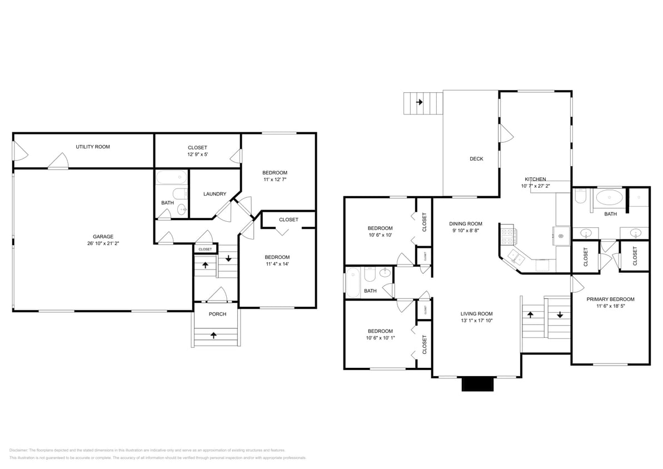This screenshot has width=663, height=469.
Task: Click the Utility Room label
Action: point(93,147)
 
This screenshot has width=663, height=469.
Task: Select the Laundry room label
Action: point(215,194)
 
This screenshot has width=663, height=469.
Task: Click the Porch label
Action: point(217,314)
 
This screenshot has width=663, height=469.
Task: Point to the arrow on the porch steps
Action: point(214,335)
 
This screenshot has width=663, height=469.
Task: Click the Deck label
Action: point(476,159)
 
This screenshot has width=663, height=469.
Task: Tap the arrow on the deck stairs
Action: point(419,102)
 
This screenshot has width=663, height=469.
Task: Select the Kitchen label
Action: point(535,179)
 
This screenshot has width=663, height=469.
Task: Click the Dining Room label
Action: point(466,224)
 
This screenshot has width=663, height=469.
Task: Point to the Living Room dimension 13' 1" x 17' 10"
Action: point(477,321)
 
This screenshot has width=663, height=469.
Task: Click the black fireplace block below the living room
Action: point(477,384)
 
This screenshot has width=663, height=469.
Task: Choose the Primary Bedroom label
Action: point(610,299)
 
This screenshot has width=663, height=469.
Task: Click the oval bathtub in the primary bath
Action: point(610,197)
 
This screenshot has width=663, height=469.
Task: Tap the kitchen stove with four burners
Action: point(508,236)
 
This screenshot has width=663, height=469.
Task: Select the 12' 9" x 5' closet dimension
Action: point(197,154)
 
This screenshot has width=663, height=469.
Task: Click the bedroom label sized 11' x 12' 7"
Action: point(275,173)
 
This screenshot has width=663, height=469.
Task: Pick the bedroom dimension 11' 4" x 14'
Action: point(277,264)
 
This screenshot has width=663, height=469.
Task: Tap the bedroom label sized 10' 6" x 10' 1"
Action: point(380,331)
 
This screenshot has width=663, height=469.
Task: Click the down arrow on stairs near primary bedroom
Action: point(560,315)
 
